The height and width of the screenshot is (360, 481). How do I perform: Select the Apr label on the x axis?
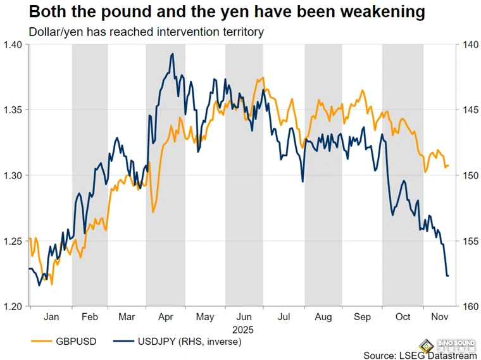[x=166, y=317]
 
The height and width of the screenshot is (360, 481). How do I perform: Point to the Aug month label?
[x=323, y=317]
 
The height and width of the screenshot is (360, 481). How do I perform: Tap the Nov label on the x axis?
[x=439, y=317]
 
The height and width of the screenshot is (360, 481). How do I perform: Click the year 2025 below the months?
[x=243, y=330]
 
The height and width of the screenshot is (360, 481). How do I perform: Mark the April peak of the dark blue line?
[x=172, y=54]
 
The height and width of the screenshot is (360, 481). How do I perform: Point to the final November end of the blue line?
[x=448, y=276]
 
